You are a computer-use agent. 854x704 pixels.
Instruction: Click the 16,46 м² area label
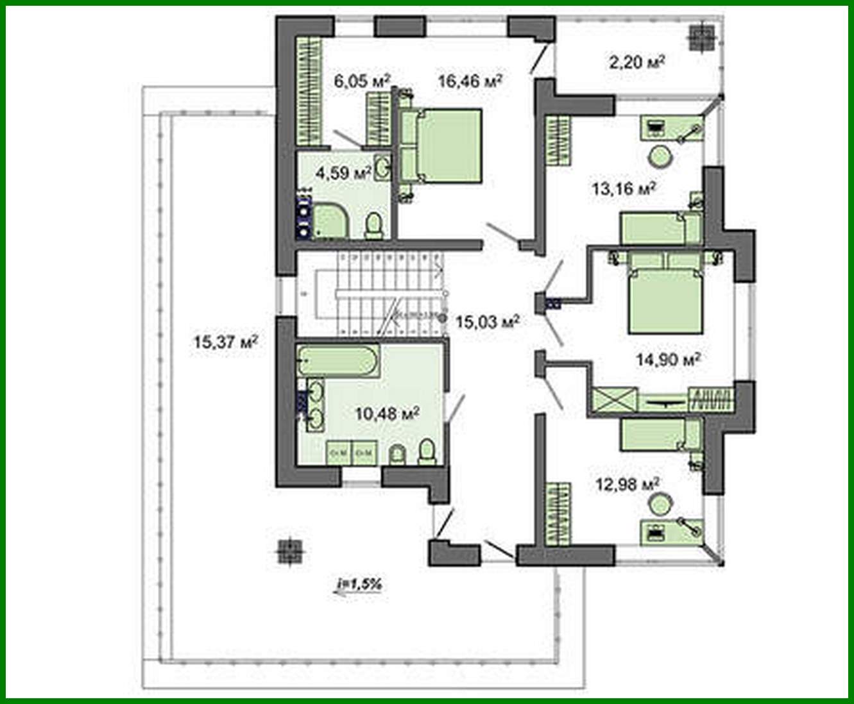pyautogui.click(x=469, y=81)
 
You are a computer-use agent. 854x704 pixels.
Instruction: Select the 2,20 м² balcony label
pyautogui.click(x=636, y=62)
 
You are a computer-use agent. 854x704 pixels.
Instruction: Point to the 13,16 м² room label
pyautogui.click(x=623, y=189)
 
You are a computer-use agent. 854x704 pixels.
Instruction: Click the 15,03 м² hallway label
pyautogui.click(x=487, y=321)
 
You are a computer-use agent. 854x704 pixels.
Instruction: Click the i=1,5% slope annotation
pyautogui.click(x=359, y=584)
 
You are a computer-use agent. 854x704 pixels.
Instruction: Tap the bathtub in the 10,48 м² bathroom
pyautogui.click(x=337, y=361)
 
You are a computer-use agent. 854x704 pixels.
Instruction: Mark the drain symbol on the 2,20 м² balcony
pyautogui.click(x=701, y=37)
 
